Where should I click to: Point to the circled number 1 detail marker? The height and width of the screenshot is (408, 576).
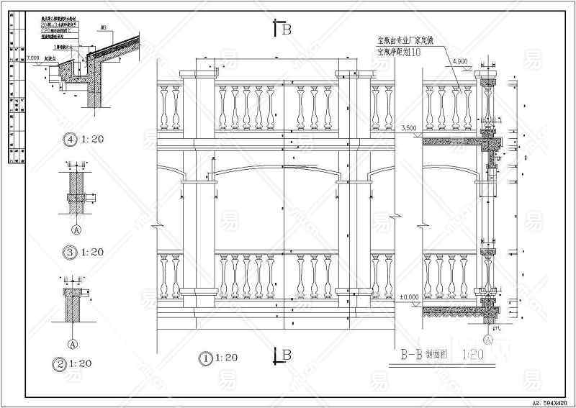point(207,355)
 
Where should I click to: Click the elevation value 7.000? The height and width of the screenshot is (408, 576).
point(32,58)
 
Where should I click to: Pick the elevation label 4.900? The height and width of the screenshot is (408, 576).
point(460,62)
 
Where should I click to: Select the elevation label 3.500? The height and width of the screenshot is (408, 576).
point(408,128)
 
